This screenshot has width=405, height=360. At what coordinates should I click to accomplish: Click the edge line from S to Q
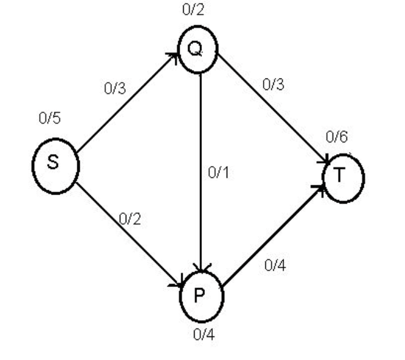pos(127,103)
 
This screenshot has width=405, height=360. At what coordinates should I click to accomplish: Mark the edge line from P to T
pos(272,236)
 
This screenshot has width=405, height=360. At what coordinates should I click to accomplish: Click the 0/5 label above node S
pos(50,118)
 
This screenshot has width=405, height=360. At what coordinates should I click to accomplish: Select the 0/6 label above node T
pos(337,137)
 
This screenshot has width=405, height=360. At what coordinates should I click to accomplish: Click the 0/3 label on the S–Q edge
pos(115,89)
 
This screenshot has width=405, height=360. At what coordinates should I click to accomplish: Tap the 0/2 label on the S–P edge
pos(129,219)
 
